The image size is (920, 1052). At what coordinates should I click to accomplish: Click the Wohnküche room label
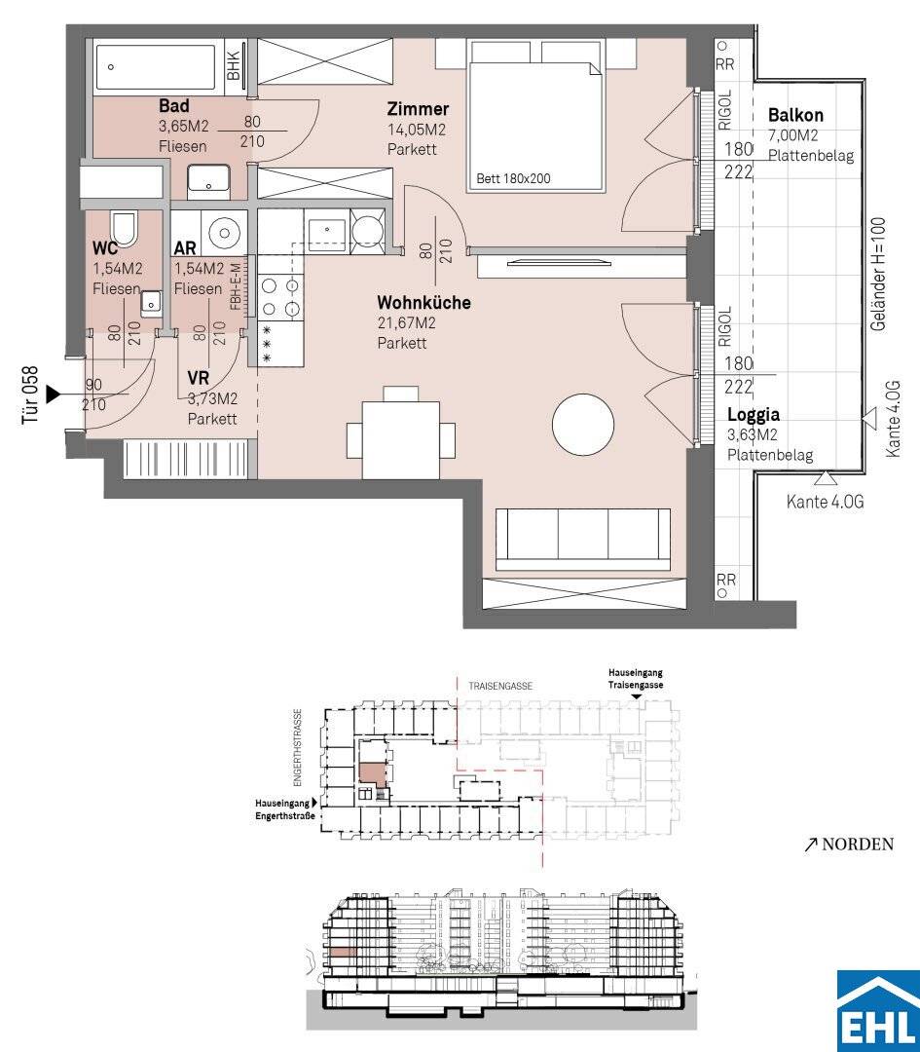pos(423,303)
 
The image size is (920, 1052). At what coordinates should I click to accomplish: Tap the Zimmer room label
pos(418,109)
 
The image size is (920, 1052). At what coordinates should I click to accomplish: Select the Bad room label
pos(173,105)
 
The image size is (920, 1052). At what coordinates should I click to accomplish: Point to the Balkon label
pos(795,115)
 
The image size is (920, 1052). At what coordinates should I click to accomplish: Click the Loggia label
pos(754,415)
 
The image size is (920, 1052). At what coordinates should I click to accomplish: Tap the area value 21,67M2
pos(406,323)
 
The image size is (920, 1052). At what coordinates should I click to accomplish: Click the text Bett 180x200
pos(513,179)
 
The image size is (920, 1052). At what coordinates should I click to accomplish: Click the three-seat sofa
pos(583,540)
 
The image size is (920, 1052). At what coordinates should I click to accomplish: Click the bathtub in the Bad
pos(155,67)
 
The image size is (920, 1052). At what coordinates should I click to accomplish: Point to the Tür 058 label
pos(30,395)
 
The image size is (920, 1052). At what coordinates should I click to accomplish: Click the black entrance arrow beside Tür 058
pos(53,394)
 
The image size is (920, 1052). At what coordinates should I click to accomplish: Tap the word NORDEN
pos(858,844)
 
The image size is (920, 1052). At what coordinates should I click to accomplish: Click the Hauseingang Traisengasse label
pos(636,678)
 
